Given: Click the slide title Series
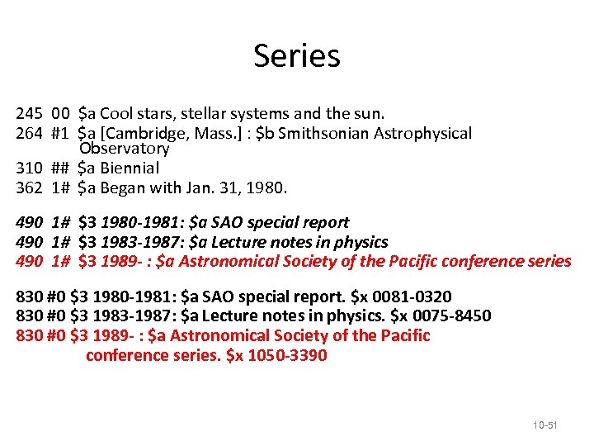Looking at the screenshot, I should click(296, 55).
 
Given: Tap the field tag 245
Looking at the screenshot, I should click(29, 114).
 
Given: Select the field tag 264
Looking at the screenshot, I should click(29, 133).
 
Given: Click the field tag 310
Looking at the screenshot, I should click(29, 168).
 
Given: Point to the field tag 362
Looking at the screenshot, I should click(29, 187).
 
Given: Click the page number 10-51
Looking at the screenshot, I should click(544, 425).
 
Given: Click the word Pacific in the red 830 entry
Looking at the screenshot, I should click(401, 336).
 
